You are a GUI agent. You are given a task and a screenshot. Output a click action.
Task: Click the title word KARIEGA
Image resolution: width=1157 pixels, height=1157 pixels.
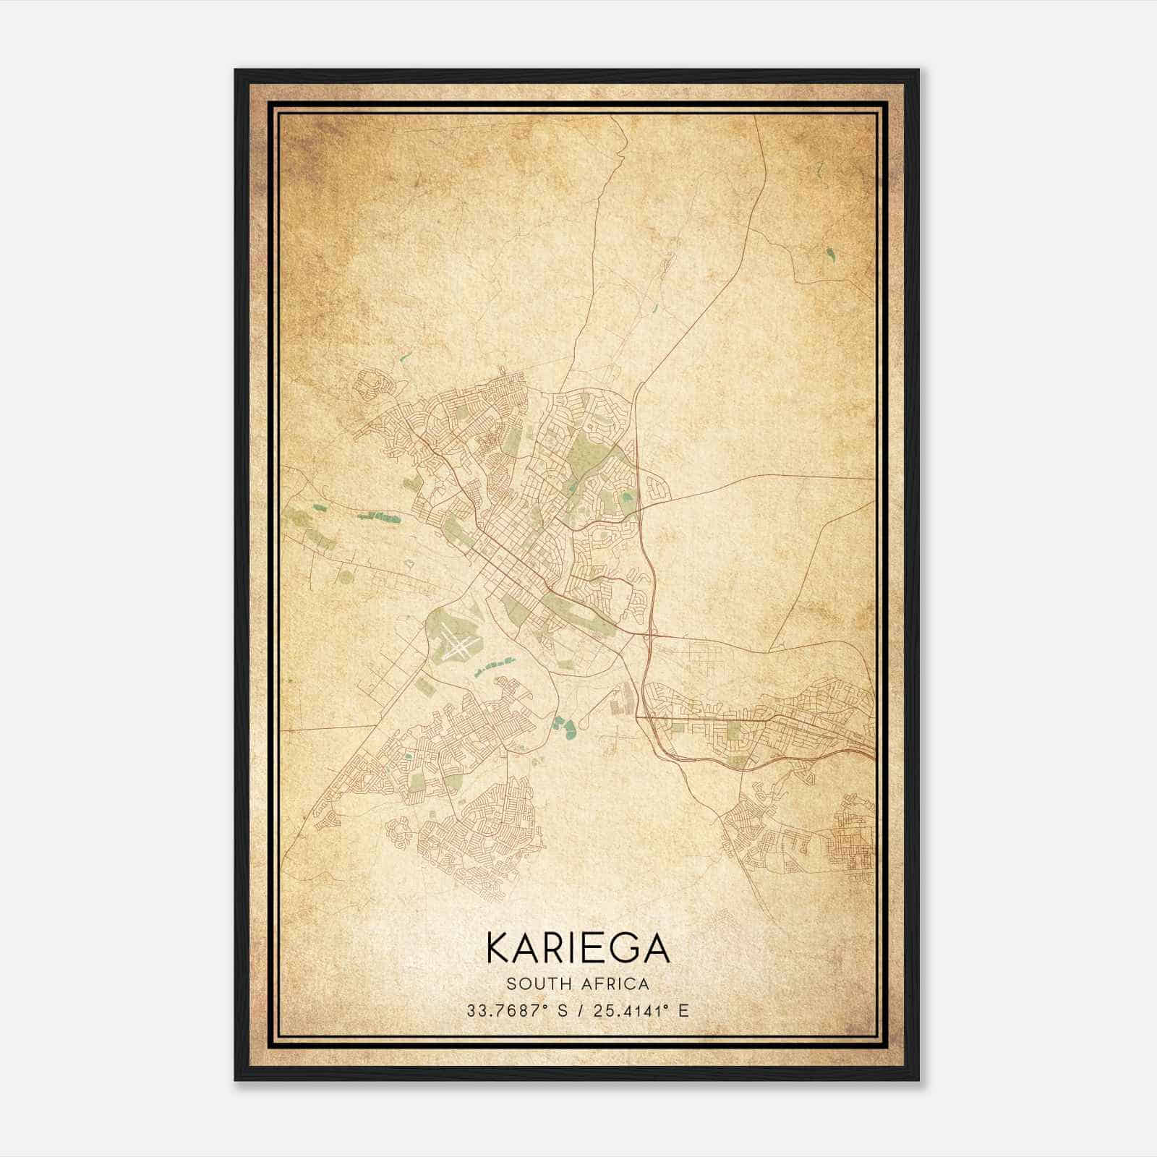click(578, 948)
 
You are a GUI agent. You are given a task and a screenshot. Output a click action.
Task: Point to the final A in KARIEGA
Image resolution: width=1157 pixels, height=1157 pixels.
click(657, 948)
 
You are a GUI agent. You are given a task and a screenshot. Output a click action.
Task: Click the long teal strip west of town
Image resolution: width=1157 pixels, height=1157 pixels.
click(379, 516)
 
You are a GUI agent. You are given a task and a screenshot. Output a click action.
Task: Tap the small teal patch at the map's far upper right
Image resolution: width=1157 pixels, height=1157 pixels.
click(828, 255)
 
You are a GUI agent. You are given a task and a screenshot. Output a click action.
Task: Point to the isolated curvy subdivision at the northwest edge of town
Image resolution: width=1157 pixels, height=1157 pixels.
click(372, 383)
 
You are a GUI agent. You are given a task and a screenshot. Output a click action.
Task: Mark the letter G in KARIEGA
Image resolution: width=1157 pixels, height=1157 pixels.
click(622, 948)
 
